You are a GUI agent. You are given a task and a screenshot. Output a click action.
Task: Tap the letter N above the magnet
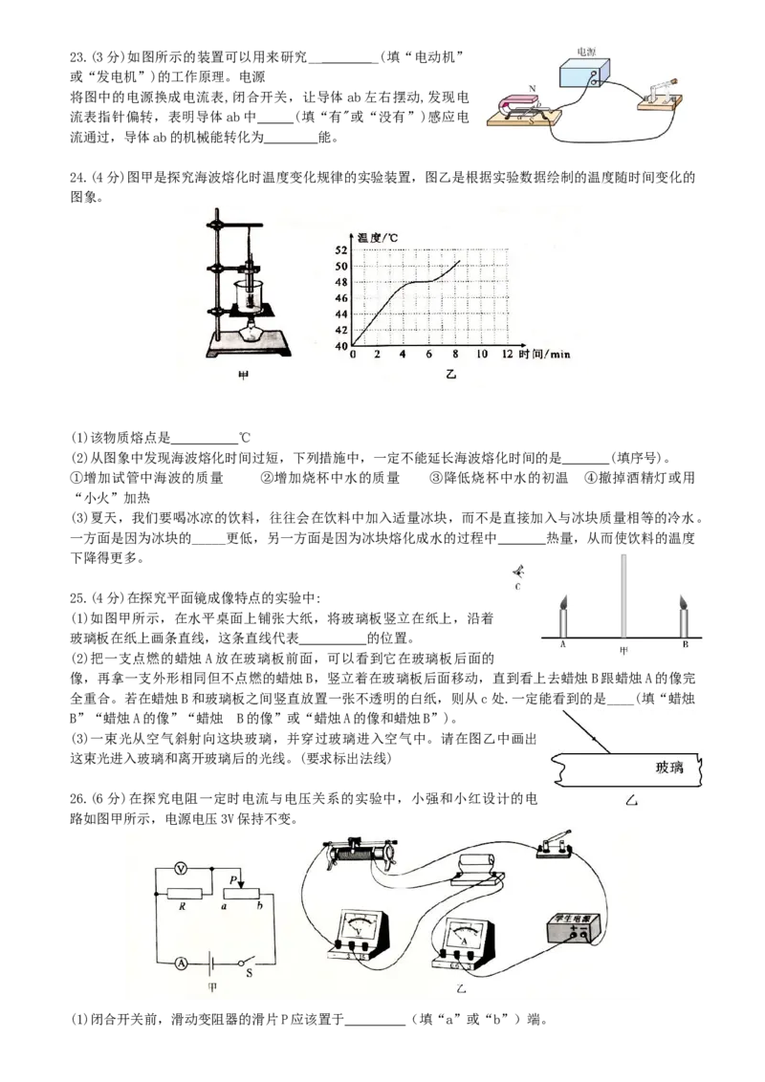tap(533, 88)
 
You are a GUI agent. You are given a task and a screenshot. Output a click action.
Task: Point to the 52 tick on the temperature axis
tap(341, 250)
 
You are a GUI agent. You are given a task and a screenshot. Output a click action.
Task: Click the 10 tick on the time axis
tap(482, 354)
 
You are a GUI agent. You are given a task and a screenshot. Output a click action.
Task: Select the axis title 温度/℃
tap(377, 238)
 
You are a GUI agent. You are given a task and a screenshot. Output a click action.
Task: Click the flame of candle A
tap(563, 603)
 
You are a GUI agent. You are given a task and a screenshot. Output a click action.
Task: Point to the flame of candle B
tap(684, 603)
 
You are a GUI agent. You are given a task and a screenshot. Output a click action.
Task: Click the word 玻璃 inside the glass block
tap(669, 767)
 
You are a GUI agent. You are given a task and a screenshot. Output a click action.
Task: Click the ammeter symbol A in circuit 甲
tap(181, 963)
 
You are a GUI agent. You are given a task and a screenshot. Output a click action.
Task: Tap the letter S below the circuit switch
tap(250, 974)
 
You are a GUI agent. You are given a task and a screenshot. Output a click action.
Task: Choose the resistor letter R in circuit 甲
tap(183, 907)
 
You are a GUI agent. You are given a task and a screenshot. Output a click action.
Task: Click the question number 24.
tap(78, 178)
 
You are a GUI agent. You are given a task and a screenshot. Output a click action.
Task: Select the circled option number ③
tap(435, 478)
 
